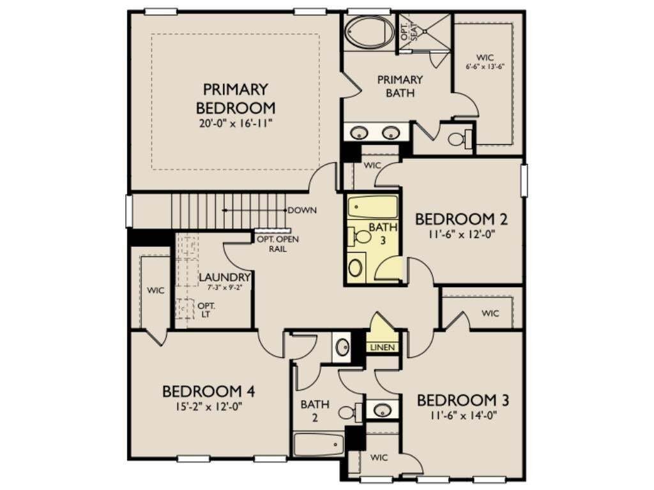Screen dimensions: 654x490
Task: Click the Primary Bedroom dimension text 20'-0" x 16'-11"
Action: [x=236, y=123]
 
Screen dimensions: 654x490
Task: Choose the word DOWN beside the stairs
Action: [x=302, y=211]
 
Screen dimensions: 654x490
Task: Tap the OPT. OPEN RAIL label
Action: [x=278, y=244]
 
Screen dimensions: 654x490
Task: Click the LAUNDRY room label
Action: [x=225, y=277]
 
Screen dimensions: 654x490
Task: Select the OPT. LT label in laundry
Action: [x=206, y=310]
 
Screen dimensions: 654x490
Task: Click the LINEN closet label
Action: [x=383, y=347]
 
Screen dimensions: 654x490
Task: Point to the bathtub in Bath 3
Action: [x=372, y=207]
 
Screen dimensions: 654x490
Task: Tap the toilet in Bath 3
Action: [x=359, y=237]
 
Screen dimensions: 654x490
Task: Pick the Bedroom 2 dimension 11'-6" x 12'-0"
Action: [x=461, y=234]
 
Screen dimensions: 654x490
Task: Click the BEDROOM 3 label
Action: [x=463, y=401]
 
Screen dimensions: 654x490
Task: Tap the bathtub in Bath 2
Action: [x=318, y=445]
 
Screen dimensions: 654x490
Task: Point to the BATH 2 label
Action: [x=315, y=410]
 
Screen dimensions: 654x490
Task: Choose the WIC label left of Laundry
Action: [x=156, y=290]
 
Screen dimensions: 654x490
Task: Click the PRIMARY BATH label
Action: [x=400, y=86]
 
